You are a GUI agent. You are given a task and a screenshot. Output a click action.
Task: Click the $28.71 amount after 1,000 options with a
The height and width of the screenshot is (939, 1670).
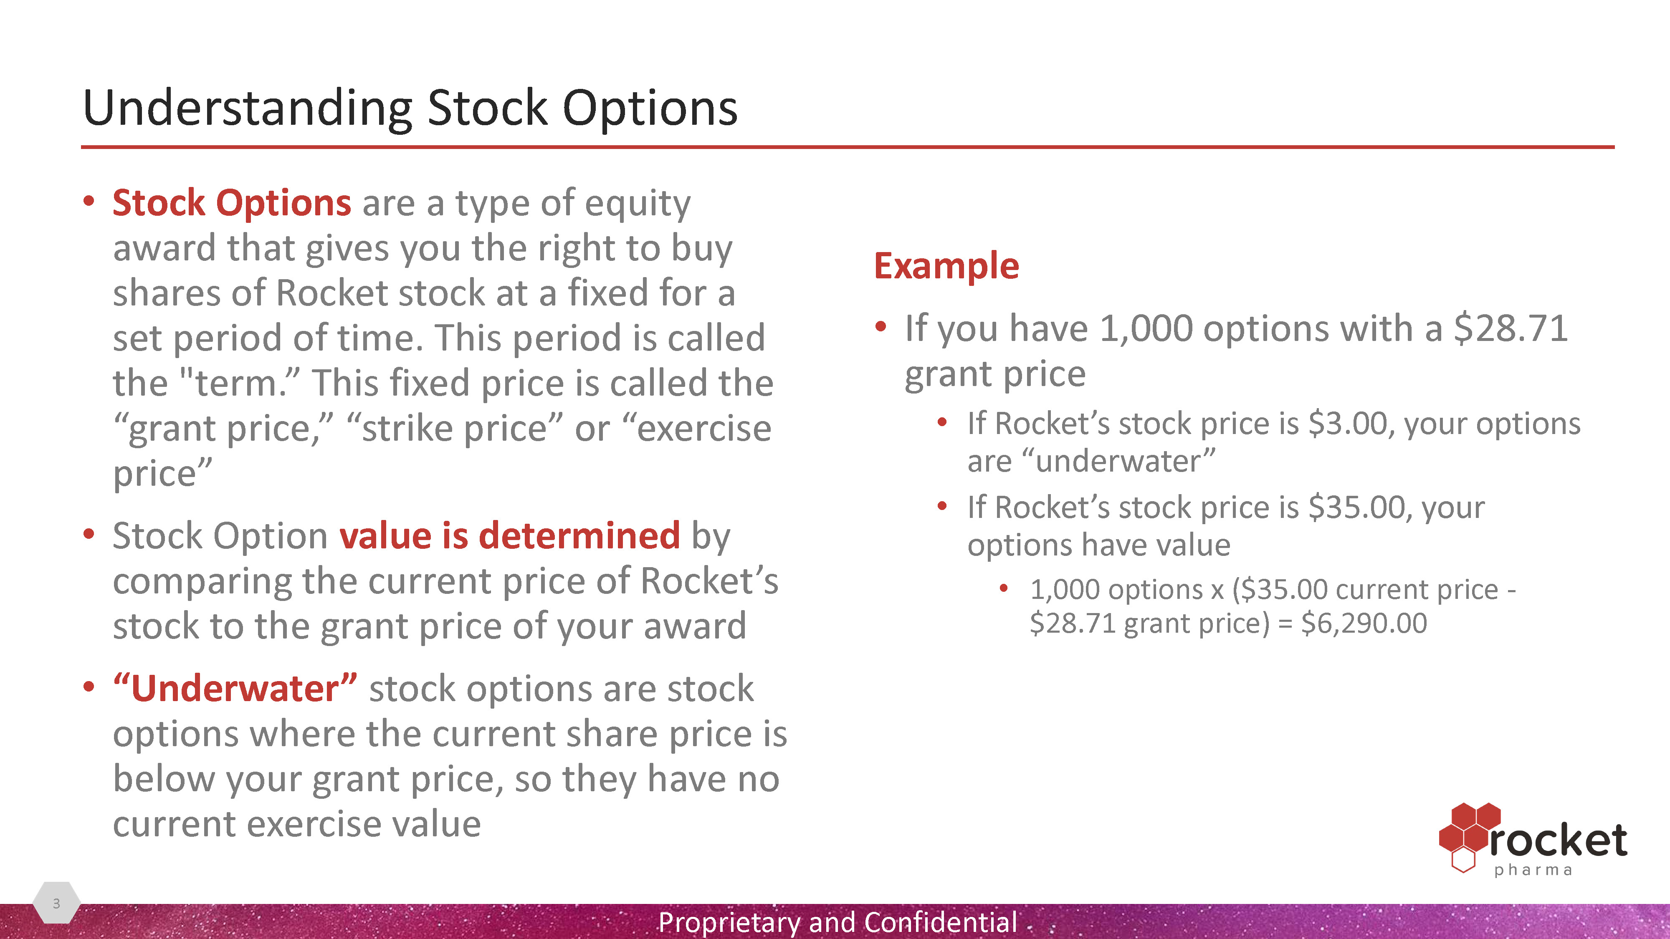tap(1511, 328)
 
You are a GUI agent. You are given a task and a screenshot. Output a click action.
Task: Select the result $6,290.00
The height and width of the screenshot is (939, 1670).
tap(1364, 623)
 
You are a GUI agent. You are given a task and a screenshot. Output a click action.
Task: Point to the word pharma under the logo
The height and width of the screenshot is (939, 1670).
tap(1533, 870)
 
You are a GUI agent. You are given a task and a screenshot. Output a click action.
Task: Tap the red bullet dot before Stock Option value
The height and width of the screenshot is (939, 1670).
tap(89, 535)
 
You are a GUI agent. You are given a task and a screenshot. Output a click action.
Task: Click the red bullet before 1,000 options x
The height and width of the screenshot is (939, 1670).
tap(1004, 588)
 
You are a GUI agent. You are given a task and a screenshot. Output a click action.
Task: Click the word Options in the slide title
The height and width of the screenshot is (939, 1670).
tap(650, 108)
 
